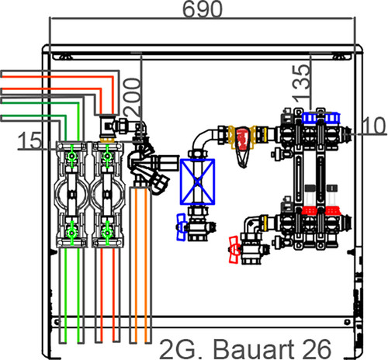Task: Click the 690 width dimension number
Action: pyautogui.click(x=203, y=9)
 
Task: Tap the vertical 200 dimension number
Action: pyautogui.click(x=133, y=97)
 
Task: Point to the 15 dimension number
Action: pyautogui.click(x=29, y=140)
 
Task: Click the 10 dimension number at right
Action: pyautogui.click(x=374, y=126)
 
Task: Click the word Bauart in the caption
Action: pyautogui.click(x=254, y=349)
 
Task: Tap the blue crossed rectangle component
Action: pyautogui.click(x=197, y=182)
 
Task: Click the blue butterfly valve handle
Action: pyautogui.click(x=182, y=227)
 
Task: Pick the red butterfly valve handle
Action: pyautogui.click(x=234, y=250)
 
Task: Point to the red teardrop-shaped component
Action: pyautogui.click(x=243, y=146)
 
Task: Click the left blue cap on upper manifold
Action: pyautogui.click(x=310, y=118)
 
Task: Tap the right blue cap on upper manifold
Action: pyautogui.click(x=332, y=118)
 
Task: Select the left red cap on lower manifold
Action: pyautogui.click(x=310, y=211)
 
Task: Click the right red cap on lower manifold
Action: pyautogui.click(x=332, y=211)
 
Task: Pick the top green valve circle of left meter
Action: pyautogui.click(x=71, y=156)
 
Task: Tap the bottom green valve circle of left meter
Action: pyautogui.click(x=71, y=234)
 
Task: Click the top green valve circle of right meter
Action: pyautogui.click(x=107, y=156)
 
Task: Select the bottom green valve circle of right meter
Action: pyautogui.click(x=107, y=234)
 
